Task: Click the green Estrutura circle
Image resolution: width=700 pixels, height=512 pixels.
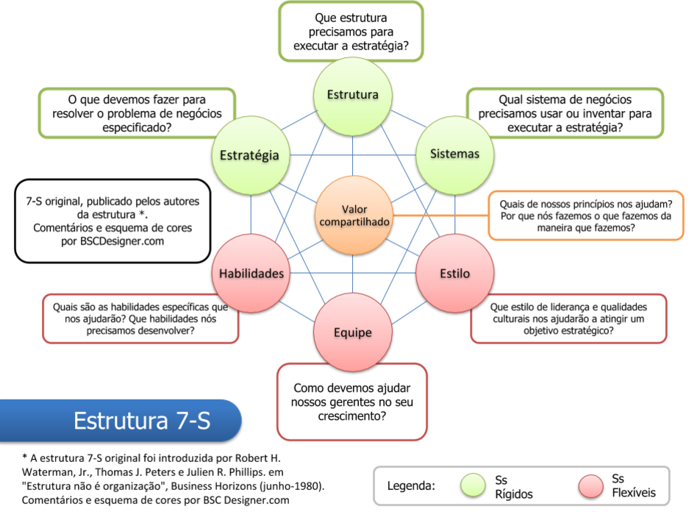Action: tap(352, 94)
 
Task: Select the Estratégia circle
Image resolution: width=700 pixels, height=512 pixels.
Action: tap(249, 154)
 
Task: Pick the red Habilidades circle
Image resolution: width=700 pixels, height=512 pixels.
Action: tap(251, 273)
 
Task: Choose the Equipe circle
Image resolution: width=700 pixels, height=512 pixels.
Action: tap(352, 333)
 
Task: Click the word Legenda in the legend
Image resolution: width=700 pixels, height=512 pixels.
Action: tap(411, 486)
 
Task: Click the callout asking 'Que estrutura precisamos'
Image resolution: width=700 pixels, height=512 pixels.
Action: tap(351, 31)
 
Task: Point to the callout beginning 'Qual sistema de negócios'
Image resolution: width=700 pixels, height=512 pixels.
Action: tap(565, 113)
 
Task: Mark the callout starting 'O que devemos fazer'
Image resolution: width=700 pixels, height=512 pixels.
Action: tap(137, 113)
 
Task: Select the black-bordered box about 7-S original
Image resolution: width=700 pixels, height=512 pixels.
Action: tap(112, 221)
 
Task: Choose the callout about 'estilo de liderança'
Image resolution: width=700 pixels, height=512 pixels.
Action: tap(568, 319)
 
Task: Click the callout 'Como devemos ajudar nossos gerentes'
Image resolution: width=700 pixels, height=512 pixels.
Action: tap(351, 401)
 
